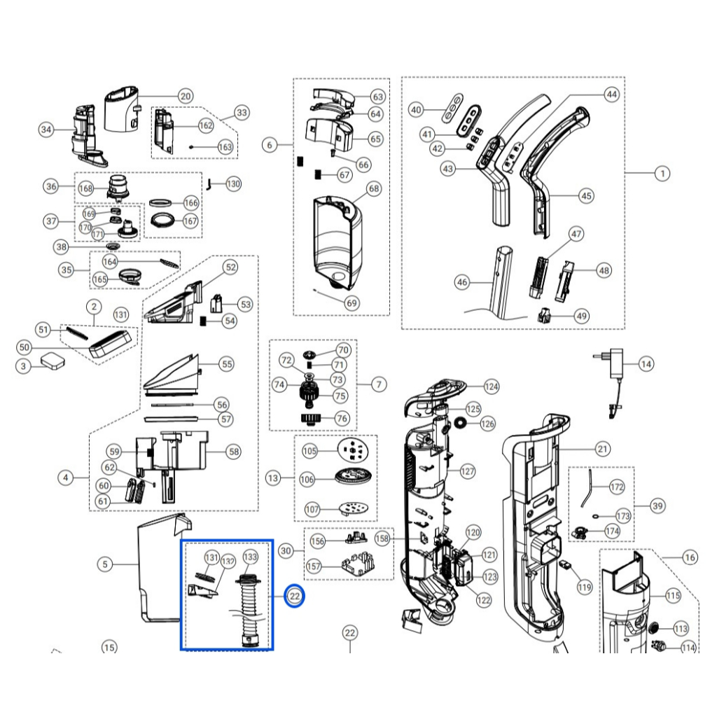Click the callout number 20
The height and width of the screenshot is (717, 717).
[x=185, y=97]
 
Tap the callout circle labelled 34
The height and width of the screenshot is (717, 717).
[x=46, y=130]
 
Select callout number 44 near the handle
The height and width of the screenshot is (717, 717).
[x=611, y=95]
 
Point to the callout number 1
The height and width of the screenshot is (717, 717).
[x=662, y=174]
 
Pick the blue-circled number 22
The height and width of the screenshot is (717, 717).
[x=295, y=596]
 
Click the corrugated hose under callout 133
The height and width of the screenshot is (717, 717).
[x=248, y=608]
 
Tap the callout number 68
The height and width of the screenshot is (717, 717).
[x=374, y=188]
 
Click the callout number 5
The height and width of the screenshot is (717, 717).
[x=105, y=564]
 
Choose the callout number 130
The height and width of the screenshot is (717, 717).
[x=233, y=184]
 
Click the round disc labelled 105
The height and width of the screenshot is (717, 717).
[x=352, y=451]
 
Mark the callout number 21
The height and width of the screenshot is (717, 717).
[x=602, y=449]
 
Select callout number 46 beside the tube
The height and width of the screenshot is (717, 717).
[x=462, y=282]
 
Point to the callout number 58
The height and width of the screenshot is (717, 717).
[x=234, y=452]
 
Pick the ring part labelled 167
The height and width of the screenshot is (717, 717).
[x=163, y=220]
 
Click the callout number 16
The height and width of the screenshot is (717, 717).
[x=690, y=557]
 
